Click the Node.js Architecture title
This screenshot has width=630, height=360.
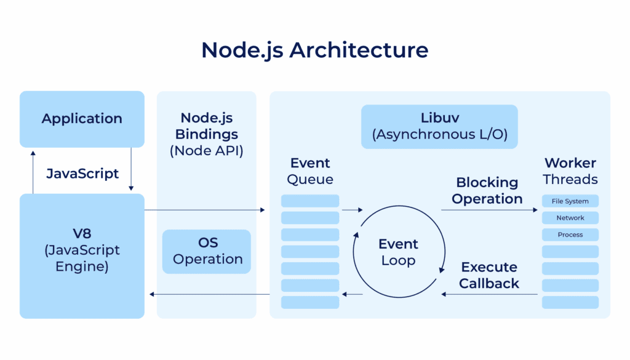coord(314,50)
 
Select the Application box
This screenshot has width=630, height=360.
coord(82,119)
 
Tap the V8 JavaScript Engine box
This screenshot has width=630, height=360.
coord(82,250)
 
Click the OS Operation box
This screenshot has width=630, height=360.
coord(207,251)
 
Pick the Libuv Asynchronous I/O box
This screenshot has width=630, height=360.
coord(439,126)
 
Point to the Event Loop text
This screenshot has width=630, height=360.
coord(398,252)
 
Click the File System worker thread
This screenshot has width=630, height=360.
coord(570,201)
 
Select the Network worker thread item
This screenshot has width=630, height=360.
coord(570,218)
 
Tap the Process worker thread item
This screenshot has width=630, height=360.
coord(570,234)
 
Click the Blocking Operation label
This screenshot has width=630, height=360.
coord(487,191)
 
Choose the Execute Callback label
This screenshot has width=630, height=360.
coord(489,276)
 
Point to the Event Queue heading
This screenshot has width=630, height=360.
coord(310,171)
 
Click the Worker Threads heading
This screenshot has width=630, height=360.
coord(570,171)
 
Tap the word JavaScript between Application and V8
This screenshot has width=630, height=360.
coord(82,174)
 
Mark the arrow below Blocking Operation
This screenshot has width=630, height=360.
coord(489,210)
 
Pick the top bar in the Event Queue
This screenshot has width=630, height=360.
coord(310,201)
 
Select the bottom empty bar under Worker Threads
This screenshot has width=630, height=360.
coord(570,302)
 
